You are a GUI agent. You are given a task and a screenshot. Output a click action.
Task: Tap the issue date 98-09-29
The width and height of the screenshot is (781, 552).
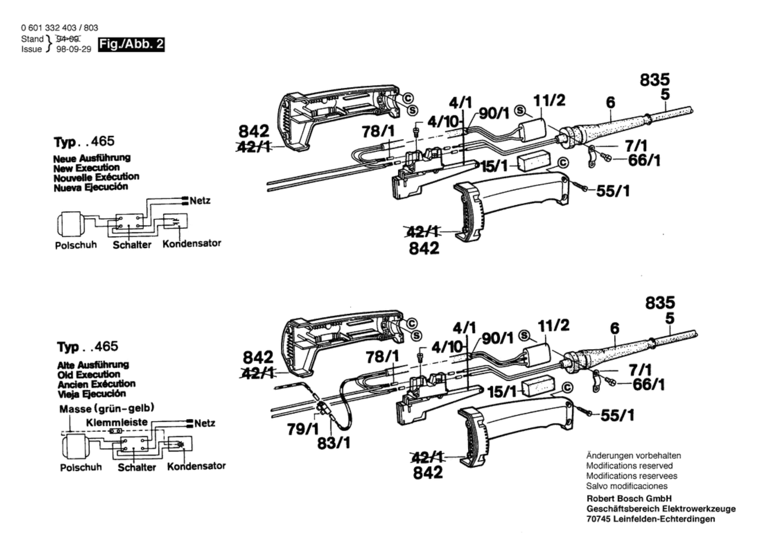tap(74, 49)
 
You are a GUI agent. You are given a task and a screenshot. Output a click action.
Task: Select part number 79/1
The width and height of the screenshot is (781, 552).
tap(303, 429)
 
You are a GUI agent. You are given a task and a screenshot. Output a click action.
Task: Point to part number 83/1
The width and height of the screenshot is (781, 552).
tap(334, 443)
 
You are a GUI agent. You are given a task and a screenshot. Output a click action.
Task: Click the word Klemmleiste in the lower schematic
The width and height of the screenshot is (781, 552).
tap(117, 422)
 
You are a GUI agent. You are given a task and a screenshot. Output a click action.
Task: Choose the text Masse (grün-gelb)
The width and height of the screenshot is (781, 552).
tap(107, 409)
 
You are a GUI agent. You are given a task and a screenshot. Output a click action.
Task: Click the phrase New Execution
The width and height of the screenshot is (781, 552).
tap(86, 168)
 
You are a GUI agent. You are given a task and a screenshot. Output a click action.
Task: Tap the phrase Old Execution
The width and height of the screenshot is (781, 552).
tap(89, 374)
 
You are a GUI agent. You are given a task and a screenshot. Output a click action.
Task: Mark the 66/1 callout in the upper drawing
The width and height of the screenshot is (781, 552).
tap(644, 160)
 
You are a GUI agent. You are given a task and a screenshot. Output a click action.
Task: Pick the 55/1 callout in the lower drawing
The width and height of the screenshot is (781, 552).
tap(617, 415)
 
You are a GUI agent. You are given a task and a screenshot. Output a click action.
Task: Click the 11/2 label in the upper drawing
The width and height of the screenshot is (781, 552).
tap(549, 100)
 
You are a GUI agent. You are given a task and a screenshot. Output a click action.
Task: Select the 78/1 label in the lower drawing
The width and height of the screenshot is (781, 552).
tap(382, 356)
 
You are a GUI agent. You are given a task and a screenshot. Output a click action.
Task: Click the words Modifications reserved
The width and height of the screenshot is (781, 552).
tap(629, 466)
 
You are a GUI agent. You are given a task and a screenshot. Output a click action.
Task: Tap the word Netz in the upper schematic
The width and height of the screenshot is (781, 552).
tap(200, 201)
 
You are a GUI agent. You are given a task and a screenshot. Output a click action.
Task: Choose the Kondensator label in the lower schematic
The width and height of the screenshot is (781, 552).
tap(196, 466)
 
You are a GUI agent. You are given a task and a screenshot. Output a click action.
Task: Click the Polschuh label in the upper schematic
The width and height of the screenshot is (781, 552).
tap(76, 245)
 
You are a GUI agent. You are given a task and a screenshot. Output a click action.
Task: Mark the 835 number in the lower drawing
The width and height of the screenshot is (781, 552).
tap(660, 302)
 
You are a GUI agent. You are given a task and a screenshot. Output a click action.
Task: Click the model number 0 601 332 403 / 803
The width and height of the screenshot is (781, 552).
tap(60, 28)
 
